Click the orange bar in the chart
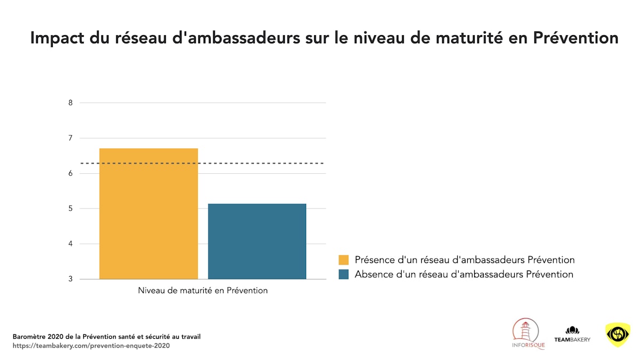point(148,213)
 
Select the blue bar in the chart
point(257,241)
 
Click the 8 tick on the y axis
point(70,103)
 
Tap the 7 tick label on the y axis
point(70,138)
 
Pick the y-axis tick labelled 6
point(70,173)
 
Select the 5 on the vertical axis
point(70,209)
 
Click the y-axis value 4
point(70,244)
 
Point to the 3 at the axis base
point(70,279)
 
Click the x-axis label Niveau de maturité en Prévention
point(203,291)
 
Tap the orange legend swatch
point(343,260)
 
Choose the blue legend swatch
point(343,275)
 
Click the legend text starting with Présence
point(465,260)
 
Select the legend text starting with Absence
point(464,275)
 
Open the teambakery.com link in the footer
point(91,346)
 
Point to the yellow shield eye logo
point(618,334)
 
